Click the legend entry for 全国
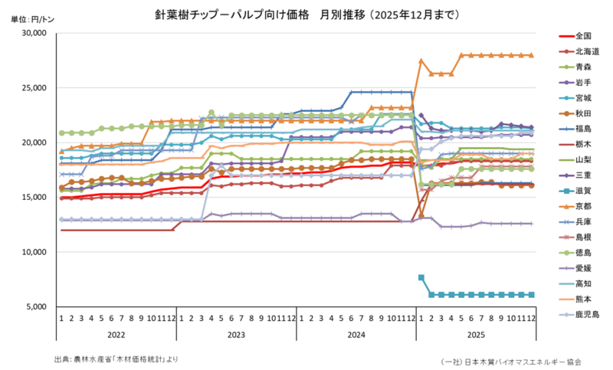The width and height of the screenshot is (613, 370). tap(582, 36)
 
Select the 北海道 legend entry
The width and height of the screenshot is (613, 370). tap(585, 51)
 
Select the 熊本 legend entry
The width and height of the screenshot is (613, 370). tap(582, 300)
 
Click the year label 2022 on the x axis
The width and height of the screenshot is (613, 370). tap(118, 335)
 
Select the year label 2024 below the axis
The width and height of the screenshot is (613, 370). tap(356, 335)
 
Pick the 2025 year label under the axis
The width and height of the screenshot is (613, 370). tap(475, 335)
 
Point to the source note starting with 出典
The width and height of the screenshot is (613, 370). tap(116, 359)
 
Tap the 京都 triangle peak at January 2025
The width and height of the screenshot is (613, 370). tap(421, 61)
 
